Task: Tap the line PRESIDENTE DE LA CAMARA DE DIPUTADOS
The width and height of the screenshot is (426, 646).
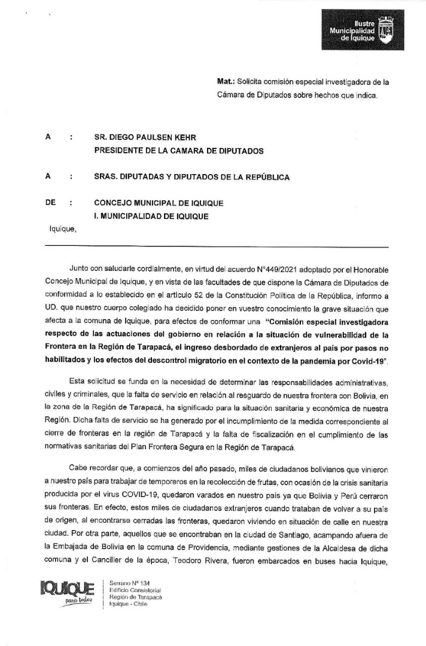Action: (x=178, y=151)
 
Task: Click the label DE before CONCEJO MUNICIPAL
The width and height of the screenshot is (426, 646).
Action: (x=50, y=203)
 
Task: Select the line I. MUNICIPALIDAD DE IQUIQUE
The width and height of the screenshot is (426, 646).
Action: (x=151, y=216)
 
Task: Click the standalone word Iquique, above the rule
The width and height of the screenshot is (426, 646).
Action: (x=62, y=227)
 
